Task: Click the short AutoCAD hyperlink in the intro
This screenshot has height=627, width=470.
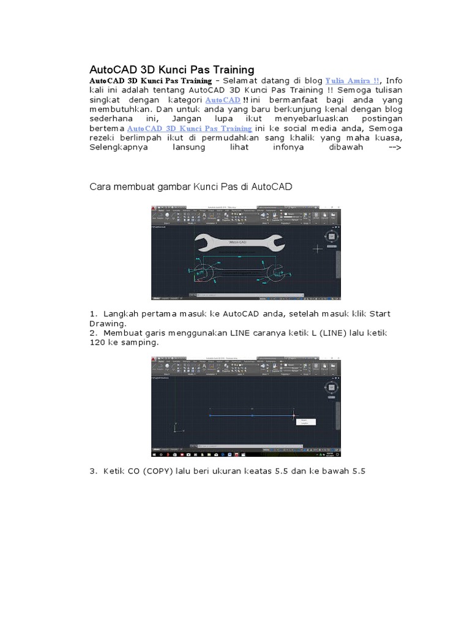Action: [x=223, y=100]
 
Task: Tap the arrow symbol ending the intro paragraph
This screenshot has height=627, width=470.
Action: [x=395, y=148]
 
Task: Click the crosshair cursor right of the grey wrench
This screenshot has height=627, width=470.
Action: [x=318, y=249]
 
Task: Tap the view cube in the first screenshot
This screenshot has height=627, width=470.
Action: [x=331, y=236]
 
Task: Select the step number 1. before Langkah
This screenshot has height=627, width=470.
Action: [x=94, y=314]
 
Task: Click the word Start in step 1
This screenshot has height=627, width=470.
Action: [x=378, y=314]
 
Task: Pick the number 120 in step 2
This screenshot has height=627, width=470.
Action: [x=98, y=342]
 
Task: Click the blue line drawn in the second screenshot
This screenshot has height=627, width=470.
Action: [x=252, y=416]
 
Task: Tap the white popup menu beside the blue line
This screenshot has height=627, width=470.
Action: [x=305, y=421]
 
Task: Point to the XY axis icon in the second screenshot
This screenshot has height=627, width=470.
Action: [x=177, y=428]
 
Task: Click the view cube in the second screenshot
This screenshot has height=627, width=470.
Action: [x=331, y=388]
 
